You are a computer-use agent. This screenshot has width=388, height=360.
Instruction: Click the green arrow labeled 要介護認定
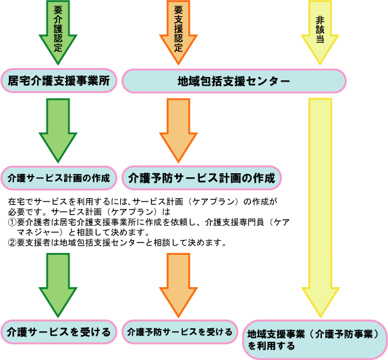pos(58,32)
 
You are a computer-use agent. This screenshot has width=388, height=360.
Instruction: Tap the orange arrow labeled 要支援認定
pos(178,32)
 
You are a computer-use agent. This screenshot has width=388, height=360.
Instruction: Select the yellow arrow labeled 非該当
pos(320,32)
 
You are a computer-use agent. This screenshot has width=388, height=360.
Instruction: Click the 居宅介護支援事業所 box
pos(59,81)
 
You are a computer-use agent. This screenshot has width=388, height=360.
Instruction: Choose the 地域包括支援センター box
pos(234,81)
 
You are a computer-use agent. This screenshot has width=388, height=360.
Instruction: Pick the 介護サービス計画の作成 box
pos(59,178)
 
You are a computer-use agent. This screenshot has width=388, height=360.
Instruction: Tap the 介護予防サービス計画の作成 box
pos(202,178)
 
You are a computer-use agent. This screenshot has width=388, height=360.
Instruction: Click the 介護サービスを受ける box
pos(59,332)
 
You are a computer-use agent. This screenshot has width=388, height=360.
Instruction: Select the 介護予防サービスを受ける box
pos(179,332)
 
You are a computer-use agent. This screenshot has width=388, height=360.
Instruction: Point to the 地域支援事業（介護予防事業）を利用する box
pos(314,340)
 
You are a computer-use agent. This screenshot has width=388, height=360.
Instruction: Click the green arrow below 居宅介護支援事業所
pos(58,131)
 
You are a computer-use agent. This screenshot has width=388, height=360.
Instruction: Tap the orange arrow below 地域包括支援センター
pos(178,131)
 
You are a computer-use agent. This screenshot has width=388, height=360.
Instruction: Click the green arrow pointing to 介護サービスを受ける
pos(58,285)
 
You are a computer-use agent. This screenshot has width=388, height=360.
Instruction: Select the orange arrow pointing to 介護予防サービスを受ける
pos(178,285)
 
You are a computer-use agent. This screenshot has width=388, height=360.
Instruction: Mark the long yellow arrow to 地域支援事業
pos(321,208)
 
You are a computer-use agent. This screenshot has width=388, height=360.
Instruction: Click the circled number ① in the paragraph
pos(12,222)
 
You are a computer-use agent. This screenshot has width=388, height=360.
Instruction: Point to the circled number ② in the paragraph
pos(12,243)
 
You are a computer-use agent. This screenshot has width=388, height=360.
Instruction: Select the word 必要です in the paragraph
pos(25,212)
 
